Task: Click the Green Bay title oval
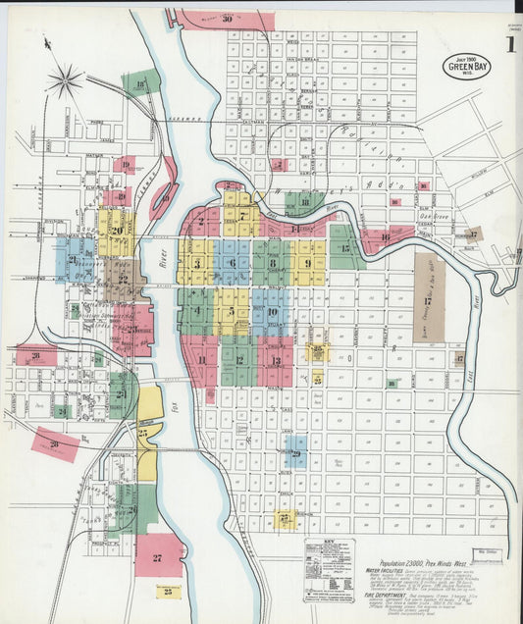[467, 66]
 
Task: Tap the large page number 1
[511, 46]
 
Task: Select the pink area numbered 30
[227, 19]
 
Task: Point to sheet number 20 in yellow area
[117, 232]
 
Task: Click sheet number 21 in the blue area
[73, 260]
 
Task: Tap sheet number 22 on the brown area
[124, 279]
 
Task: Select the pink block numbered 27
[157, 557]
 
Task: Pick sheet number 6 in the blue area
[233, 263]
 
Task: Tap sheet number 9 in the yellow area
[308, 263]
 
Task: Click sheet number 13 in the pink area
[276, 360]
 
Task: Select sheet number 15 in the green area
[344, 248]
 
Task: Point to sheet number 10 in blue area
[272, 313]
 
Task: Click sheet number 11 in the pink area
[202, 359]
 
